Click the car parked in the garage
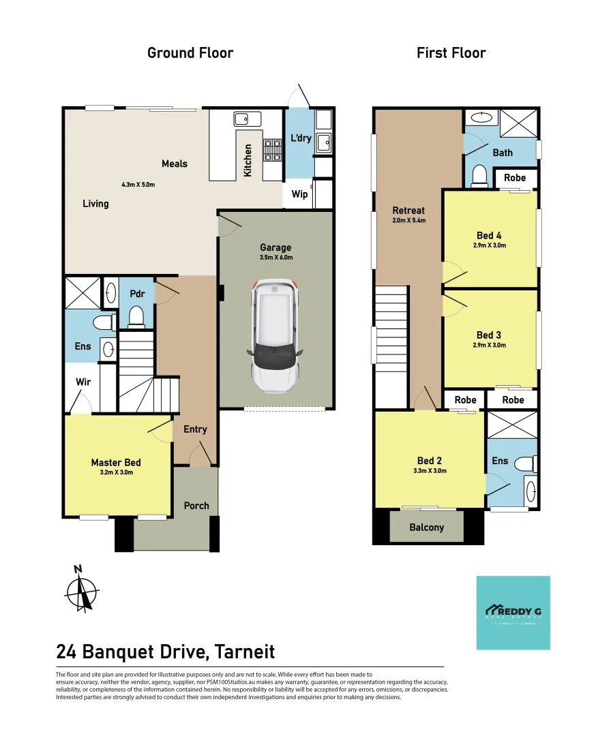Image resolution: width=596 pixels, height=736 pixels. pyautogui.click(x=275, y=336)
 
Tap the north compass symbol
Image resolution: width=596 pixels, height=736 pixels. pyautogui.click(x=81, y=589)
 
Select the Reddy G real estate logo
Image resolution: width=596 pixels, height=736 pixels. pyautogui.click(x=513, y=613)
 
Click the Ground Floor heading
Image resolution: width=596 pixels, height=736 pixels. pyautogui.click(x=190, y=53)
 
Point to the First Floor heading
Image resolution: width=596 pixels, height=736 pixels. pyautogui.click(x=451, y=53)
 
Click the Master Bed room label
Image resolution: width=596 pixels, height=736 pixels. pyautogui.click(x=116, y=463)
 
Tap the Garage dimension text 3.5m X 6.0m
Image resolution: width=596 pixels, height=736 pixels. pyautogui.click(x=275, y=258)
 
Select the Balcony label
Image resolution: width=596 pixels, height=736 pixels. pyautogui.click(x=427, y=527)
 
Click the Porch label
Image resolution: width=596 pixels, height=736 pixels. pyautogui.click(x=196, y=506)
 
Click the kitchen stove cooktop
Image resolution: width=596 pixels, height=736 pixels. pyautogui.click(x=273, y=151)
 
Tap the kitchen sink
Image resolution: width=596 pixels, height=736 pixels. pyautogui.click(x=243, y=119)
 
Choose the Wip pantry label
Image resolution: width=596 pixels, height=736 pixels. pyautogui.click(x=299, y=194)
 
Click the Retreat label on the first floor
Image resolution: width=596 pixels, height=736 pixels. pyautogui.click(x=409, y=211)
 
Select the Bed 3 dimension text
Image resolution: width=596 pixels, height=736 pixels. pyautogui.click(x=489, y=345)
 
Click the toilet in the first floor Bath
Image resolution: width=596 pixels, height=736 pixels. pyautogui.click(x=479, y=175)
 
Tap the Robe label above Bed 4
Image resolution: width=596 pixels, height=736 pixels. pyautogui.click(x=515, y=178)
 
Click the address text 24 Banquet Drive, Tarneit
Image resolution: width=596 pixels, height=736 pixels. pyautogui.click(x=166, y=651)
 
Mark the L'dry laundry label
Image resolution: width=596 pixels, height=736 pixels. pyautogui.click(x=301, y=138)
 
